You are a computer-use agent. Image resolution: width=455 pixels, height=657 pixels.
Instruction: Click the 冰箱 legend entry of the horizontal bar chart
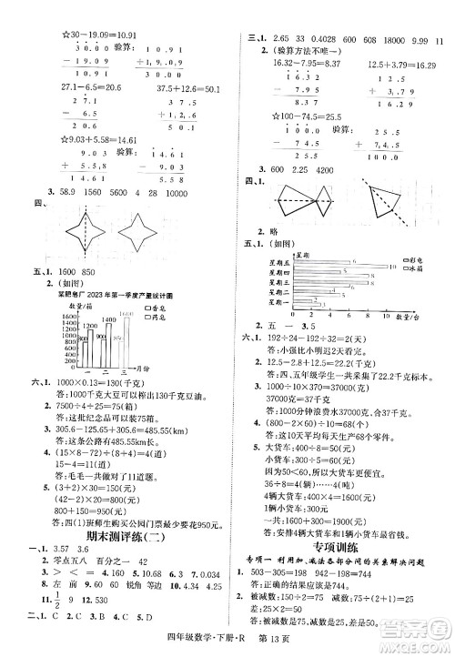[x=419, y=269]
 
